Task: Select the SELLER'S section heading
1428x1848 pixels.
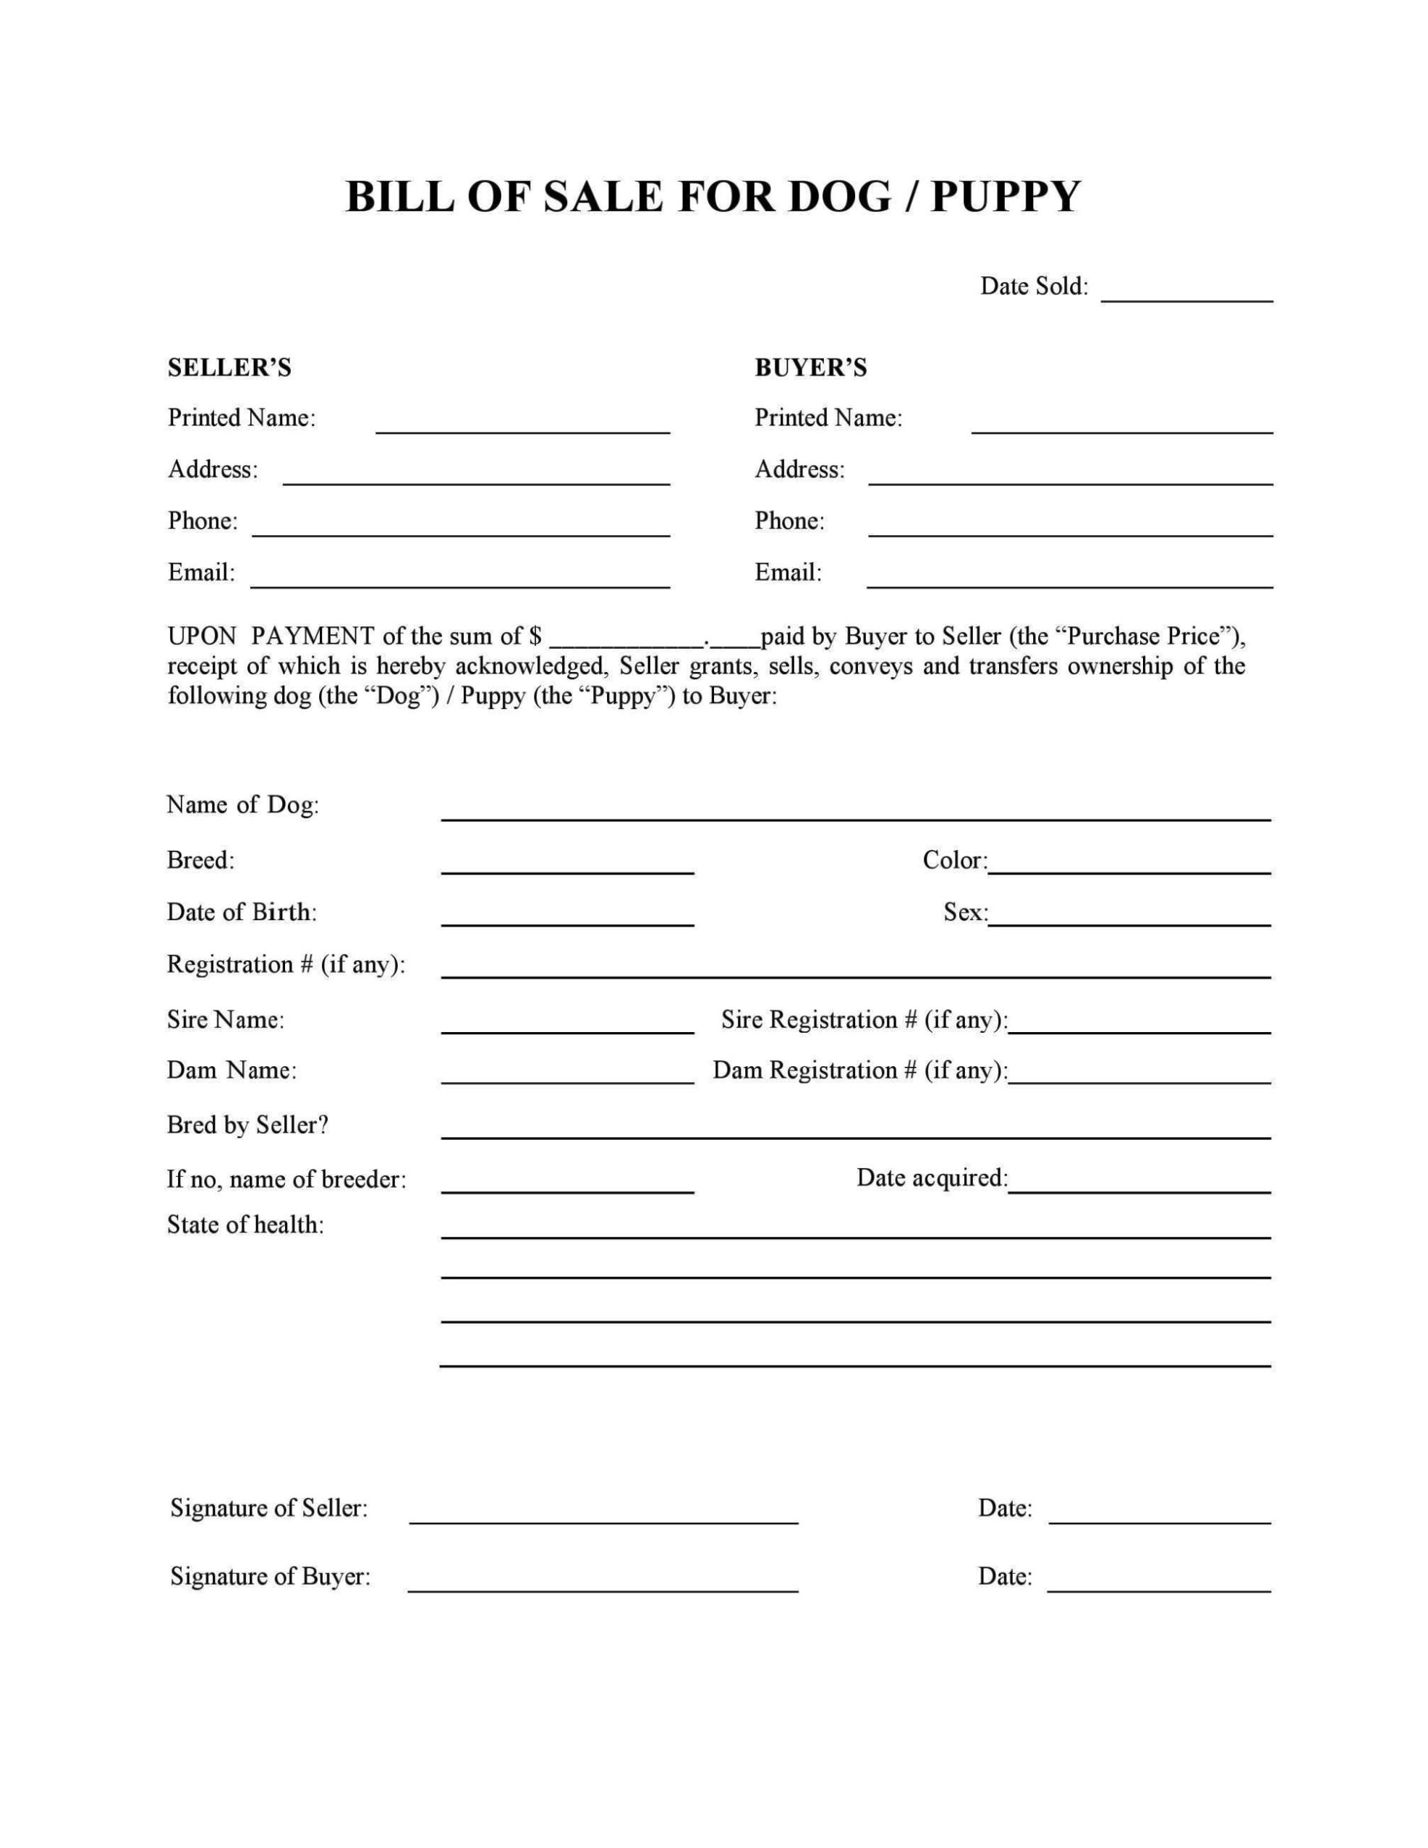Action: pyautogui.click(x=229, y=367)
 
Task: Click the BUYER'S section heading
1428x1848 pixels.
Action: pyautogui.click(x=810, y=367)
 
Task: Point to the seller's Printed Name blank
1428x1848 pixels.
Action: pyautogui.click(x=522, y=425)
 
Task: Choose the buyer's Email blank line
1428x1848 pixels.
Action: pyautogui.click(x=1069, y=579)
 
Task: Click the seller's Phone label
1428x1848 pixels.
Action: pyautogui.click(x=203, y=520)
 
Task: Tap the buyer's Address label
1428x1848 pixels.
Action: pyautogui.click(x=799, y=469)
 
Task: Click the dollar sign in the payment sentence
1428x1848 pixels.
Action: pyautogui.click(x=535, y=636)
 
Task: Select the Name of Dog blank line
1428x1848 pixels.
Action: pyautogui.click(x=855, y=812)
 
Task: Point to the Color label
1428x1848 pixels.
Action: pyautogui.click(x=954, y=861)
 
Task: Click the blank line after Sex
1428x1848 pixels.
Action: pyautogui.click(x=1129, y=919)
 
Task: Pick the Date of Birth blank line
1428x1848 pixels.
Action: pyautogui.click(x=567, y=919)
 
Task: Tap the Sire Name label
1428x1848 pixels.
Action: pyautogui.click(x=225, y=1020)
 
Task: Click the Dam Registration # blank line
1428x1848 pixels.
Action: pyautogui.click(x=1139, y=1076)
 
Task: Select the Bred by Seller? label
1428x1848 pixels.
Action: pyautogui.click(x=247, y=1125)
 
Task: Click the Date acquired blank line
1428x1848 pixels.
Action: pyautogui.click(x=1139, y=1185)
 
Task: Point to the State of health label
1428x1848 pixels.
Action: pyautogui.click(x=245, y=1225)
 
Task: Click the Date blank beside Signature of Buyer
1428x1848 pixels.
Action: pyautogui.click(x=1159, y=1584)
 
